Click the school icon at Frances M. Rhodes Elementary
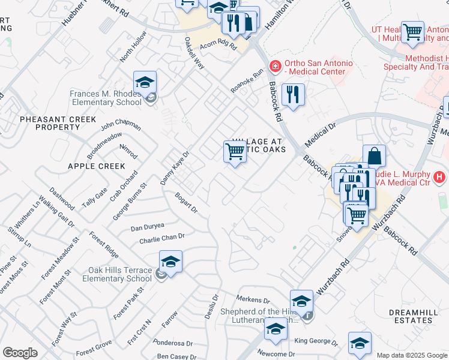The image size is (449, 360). (145, 82)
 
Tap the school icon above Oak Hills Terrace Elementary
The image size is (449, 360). (170, 262)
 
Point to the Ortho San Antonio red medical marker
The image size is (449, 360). (275, 65)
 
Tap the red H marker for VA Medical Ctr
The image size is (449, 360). (440, 177)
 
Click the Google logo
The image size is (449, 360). (20, 353)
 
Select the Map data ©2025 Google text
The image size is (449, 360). (411, 355)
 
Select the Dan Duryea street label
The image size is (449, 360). (148, 227)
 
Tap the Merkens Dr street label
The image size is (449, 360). (253, 299)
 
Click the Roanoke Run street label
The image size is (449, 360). (247, 82)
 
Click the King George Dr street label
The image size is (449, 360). (315, 341)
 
